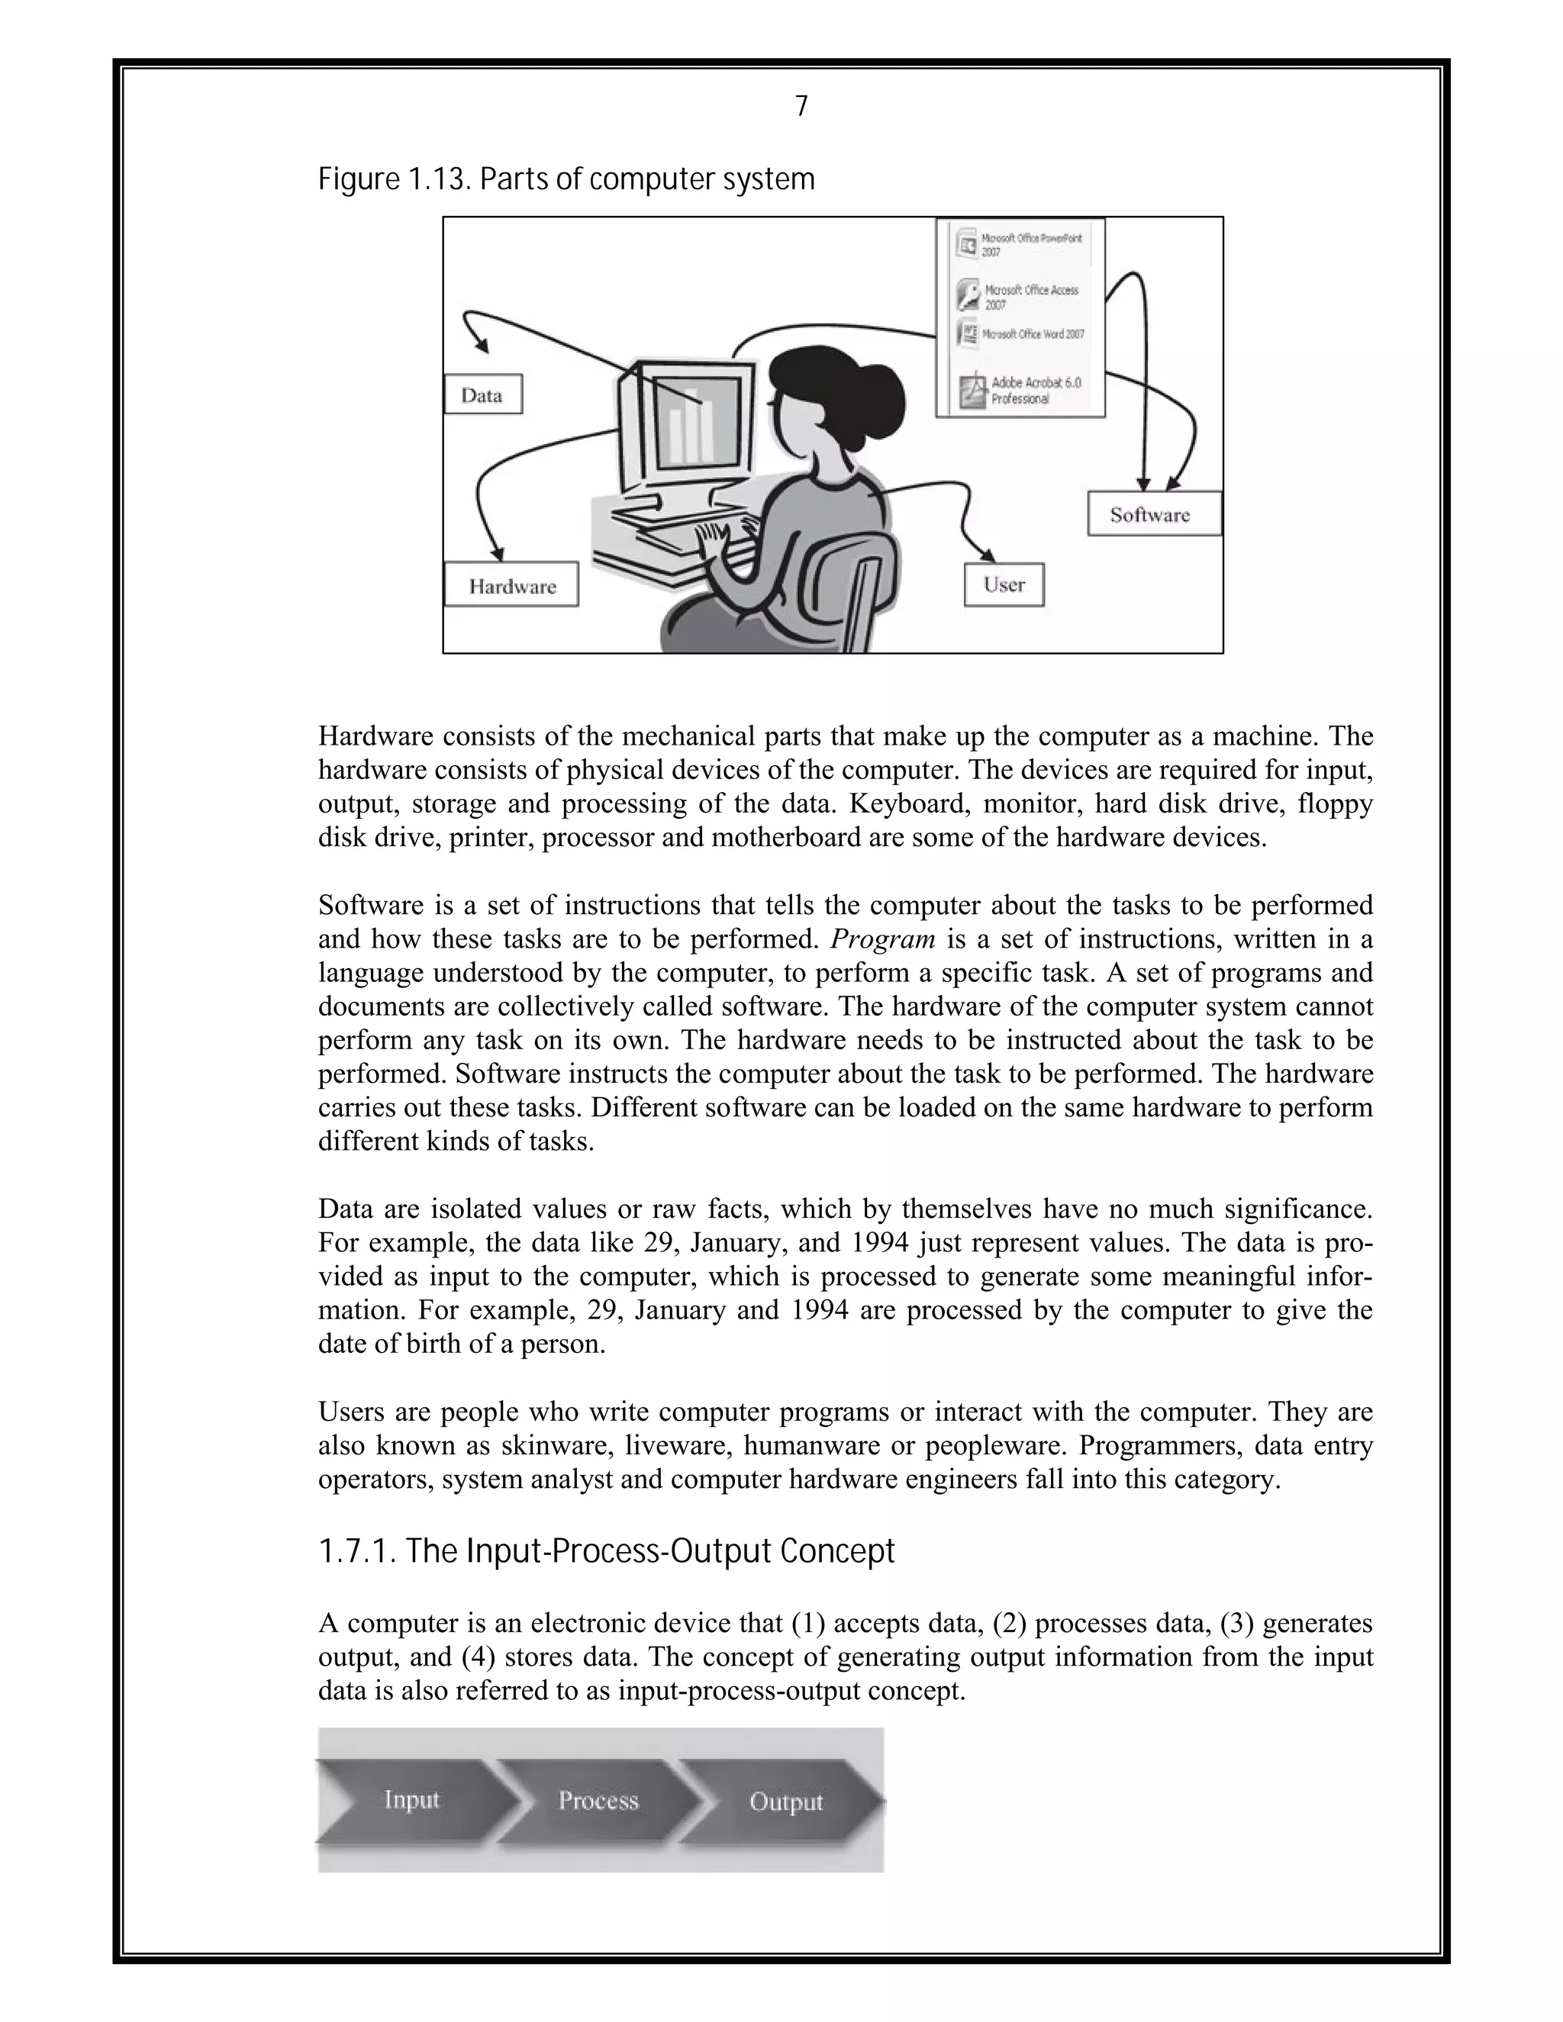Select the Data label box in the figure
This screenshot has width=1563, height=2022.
(482, 394)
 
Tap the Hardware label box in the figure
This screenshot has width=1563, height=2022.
(511, 586)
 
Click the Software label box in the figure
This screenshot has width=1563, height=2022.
(1154, 515)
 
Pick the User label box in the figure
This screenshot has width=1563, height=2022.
(1004, 585)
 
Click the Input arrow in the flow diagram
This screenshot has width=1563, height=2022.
(412, 1800)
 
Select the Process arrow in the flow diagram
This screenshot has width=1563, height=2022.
(598, 1800)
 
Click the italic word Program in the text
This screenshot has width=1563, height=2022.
(881, 940)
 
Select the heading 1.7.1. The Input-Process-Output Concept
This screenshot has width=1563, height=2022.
(607, 1550)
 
